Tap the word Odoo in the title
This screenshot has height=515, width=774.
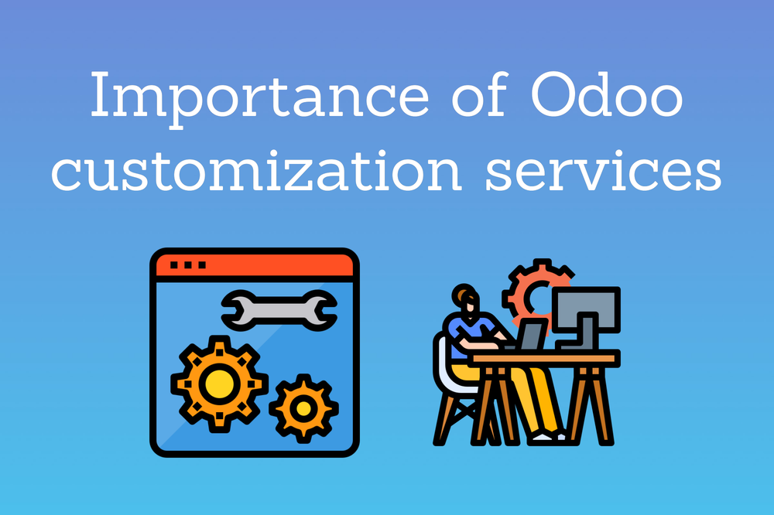point(607,94)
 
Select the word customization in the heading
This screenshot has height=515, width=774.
point(257,171)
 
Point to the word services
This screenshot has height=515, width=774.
point(604,171)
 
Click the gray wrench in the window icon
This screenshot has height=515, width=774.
point(279,310)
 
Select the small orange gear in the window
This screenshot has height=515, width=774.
point(303,408)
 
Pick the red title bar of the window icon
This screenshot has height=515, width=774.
point(255,265)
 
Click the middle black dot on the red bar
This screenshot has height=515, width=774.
point(187,265)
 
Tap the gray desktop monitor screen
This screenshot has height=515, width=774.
point(586,309)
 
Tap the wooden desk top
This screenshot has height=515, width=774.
point(545,357)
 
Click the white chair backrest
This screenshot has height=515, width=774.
point(444,365)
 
